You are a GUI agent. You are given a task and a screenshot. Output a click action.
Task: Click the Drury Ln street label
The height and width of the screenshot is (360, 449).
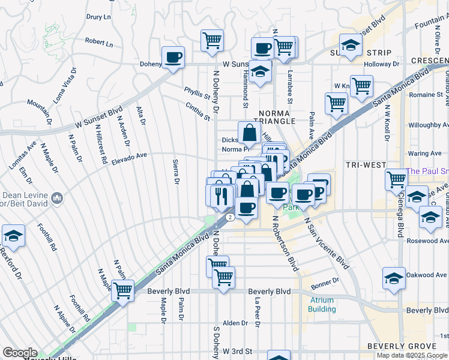click(x=100, y=17)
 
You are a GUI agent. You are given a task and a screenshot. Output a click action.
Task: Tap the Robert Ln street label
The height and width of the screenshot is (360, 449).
click(x=99, y=43)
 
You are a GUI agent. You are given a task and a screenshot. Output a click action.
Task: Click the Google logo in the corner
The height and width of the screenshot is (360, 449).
click(x=20, y=353)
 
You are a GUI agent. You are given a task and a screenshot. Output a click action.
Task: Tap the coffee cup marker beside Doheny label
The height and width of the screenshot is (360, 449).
click(x=173, y=58)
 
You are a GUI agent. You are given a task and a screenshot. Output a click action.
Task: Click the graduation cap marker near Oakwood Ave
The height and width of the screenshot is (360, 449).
click(x=394, y=278)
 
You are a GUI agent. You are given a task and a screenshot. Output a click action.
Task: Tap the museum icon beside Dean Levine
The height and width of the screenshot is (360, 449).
click(x=58, y=197)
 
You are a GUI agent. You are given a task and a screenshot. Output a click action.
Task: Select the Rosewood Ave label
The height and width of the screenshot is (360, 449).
click(x=427, y=241)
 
